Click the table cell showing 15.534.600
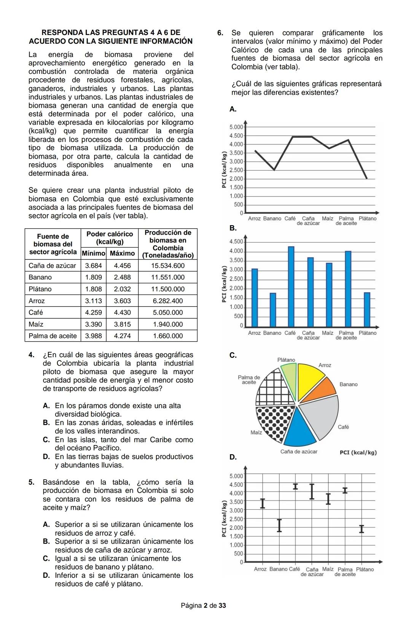click(x=167, y=266)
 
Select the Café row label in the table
click(x=36, y=312)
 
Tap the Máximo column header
click(x=122, y=253)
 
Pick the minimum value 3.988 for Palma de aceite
click(x=93, y=336)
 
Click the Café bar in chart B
click(x=291, y=286)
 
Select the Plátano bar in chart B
click(x=367, y=309)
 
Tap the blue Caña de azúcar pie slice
click(x=299, y=428)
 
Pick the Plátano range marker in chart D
click(x=362, y=529)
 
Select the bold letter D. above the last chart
click(x=233, y=457)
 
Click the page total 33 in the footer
click(x=222, y=605)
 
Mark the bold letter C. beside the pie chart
click(x=233, y=356)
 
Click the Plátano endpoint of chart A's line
click(x=366, y=178)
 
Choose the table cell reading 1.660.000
click(x=167, y=336)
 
